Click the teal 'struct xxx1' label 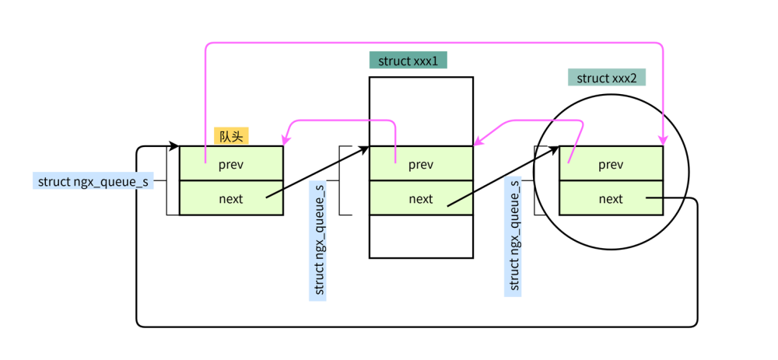(x=408, y=61)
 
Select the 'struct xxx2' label (x=606, y=78)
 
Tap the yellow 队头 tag (x=231, y=136)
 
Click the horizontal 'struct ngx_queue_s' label (x=93, y=181)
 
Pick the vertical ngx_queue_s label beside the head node (x=318, y=239)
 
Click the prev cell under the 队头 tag (x=230, y=164)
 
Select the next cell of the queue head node (x=230, y=198)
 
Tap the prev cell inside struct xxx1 (x=421, y=164)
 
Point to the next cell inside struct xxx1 (x=421, y=198)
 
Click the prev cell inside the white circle (x=611, y=164)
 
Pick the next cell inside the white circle (x=611, y=198)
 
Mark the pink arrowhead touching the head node (x=286, y=141)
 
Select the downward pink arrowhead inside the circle (x=663, y=140)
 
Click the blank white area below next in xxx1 (x=421, y=236)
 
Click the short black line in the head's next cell (x=274, y=193)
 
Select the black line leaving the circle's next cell (x=666, y=198)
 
